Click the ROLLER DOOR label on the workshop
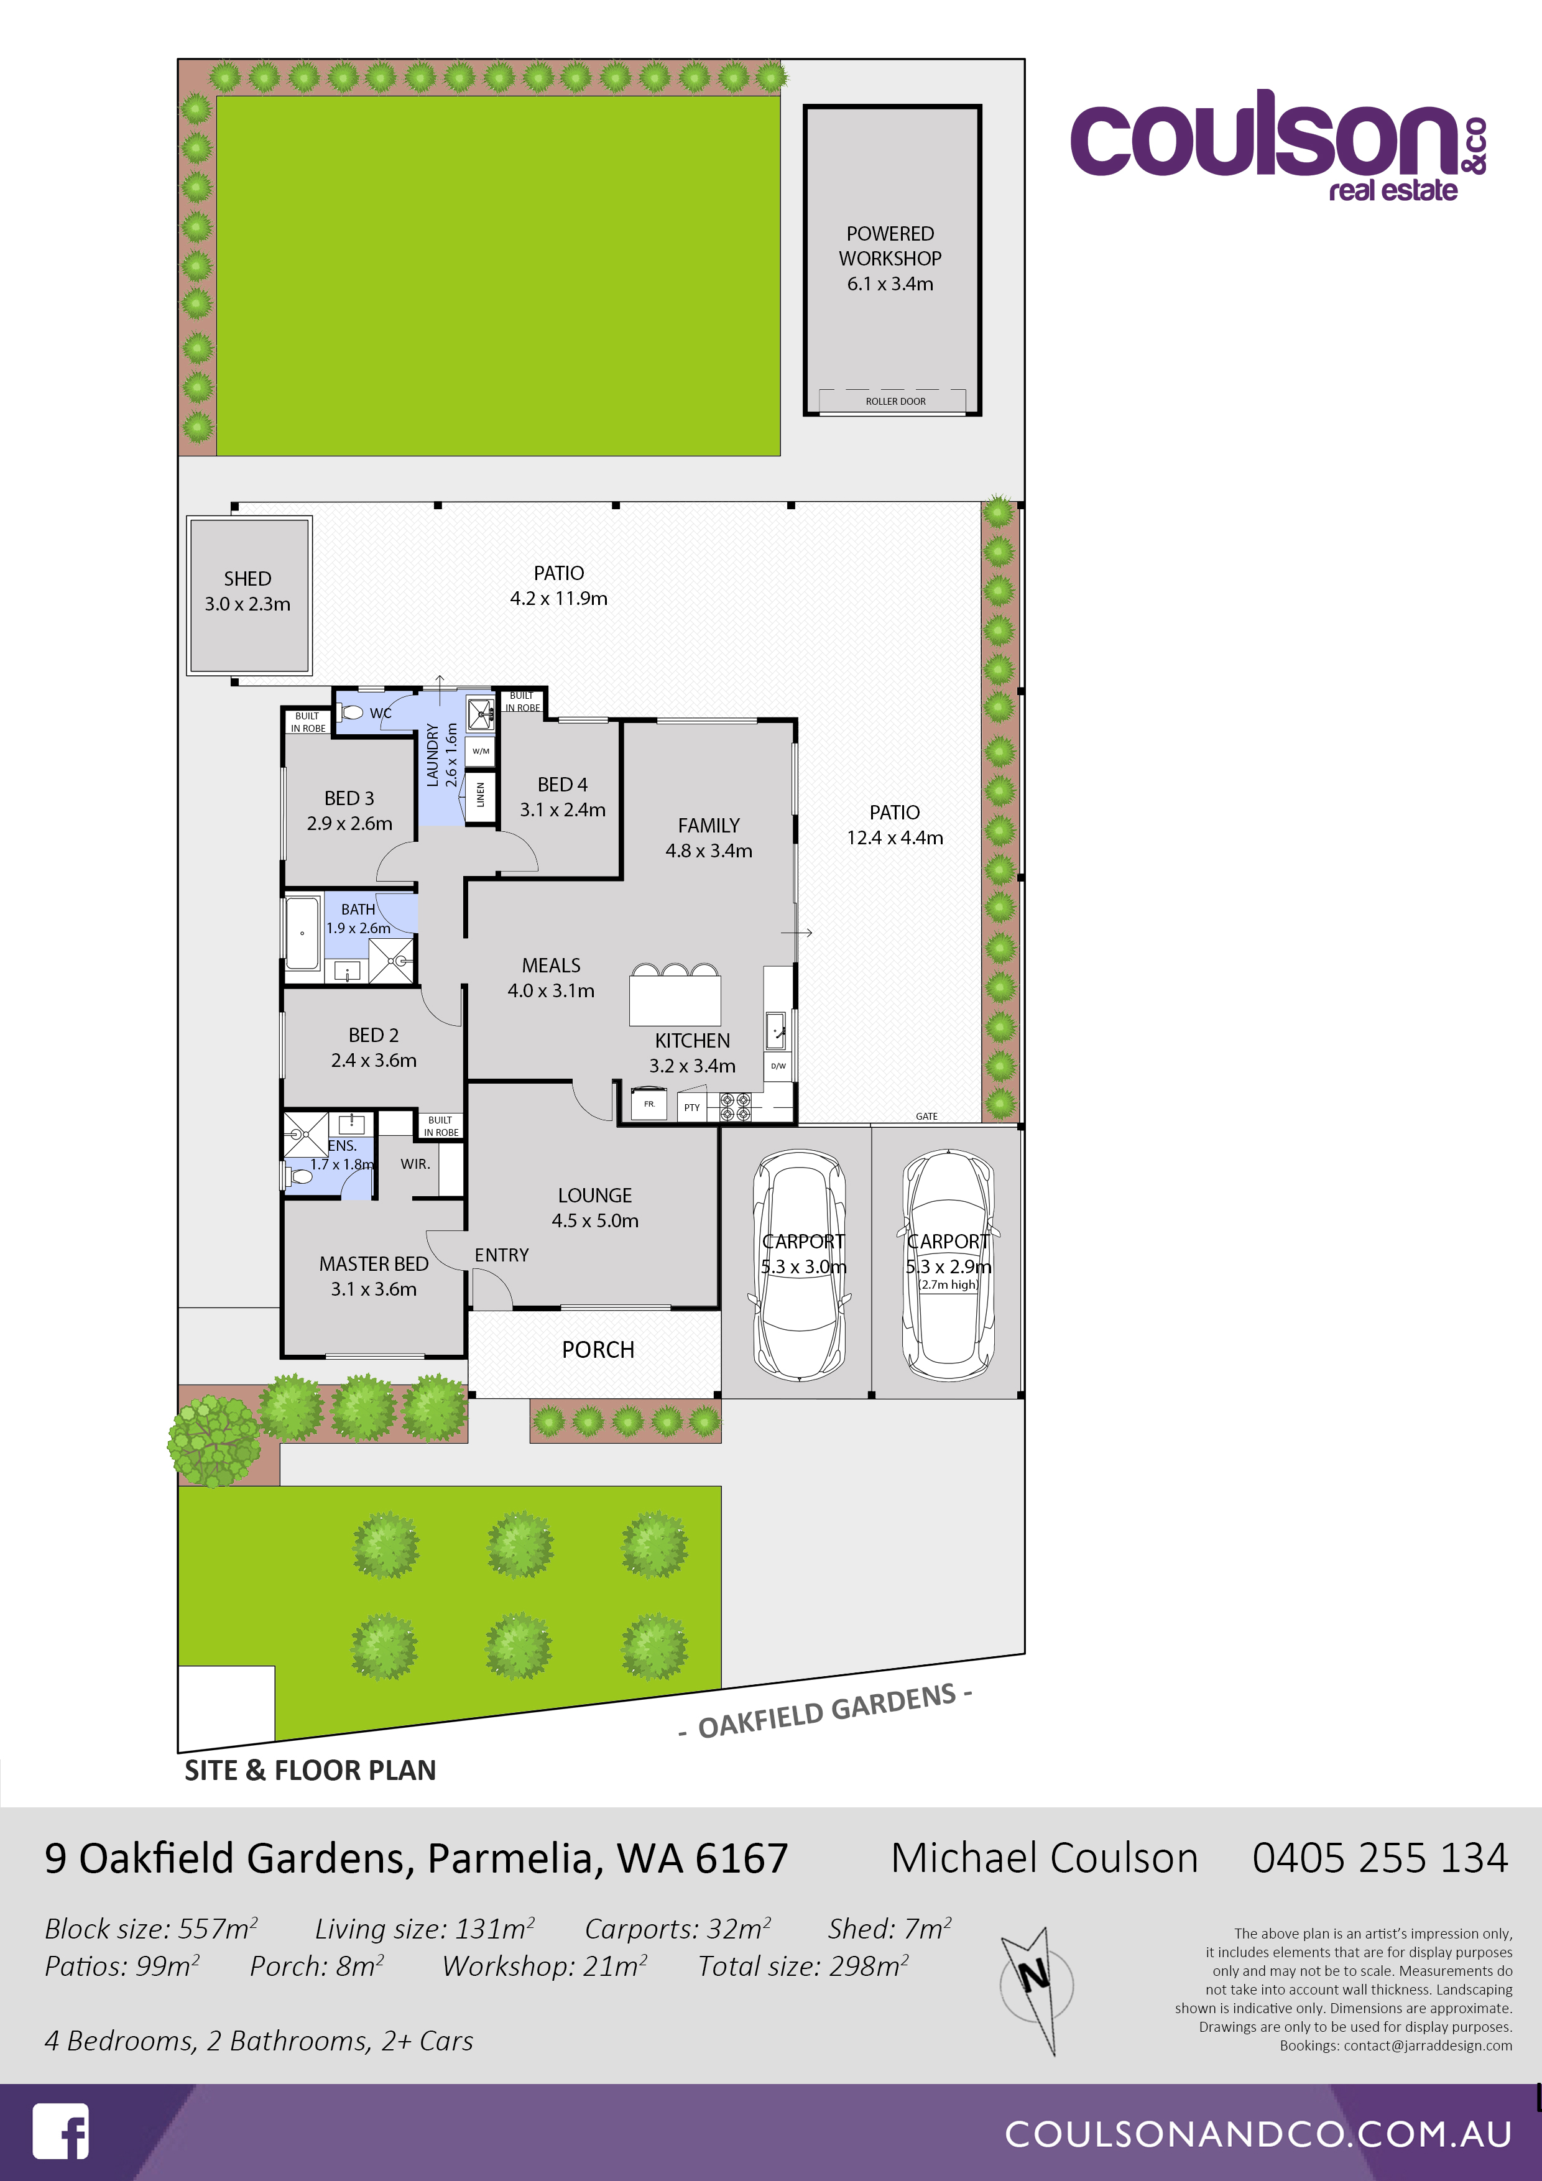click(895, 401)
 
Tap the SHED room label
click(247, 578)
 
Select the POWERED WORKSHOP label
click(890, 246)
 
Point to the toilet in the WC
click(351, 711)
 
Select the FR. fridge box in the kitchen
click(649, 1104)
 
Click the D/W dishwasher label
click(778, 1066)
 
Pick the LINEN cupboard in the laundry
click(481, 794)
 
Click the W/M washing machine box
click(481, 750)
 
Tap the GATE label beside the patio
click(926, 1116)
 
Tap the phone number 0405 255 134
click(1380, 1858)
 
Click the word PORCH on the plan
click(598, 1350)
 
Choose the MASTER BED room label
click(374, 1263)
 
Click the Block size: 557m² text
click(151, 1929)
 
